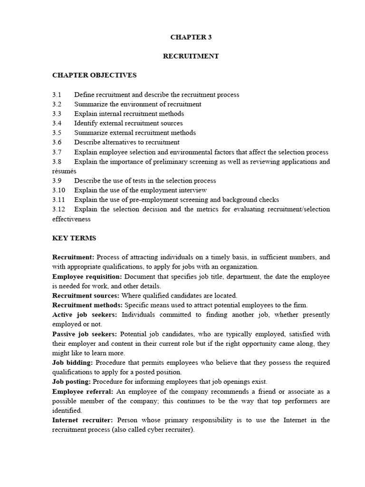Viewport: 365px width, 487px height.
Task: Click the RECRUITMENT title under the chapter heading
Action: point(191,56)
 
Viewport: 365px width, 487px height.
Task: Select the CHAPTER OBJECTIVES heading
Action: point(94,75)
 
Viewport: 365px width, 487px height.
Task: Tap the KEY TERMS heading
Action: point(74,238)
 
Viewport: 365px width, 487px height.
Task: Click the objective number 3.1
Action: point(57,95)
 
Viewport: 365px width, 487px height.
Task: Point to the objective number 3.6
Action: point(57,142)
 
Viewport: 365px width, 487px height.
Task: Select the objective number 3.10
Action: point(58,190)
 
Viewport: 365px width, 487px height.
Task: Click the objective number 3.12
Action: point(58,209)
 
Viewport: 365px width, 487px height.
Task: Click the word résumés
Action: point(64,171)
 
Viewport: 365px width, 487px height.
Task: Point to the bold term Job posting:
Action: point(72,381)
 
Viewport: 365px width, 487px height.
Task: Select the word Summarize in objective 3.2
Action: point(90,104)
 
